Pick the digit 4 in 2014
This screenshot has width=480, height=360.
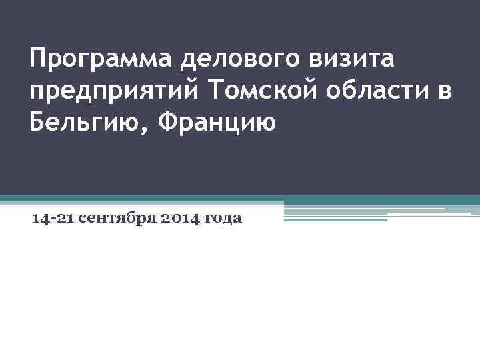pyautogui.click(x=193, y=218)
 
